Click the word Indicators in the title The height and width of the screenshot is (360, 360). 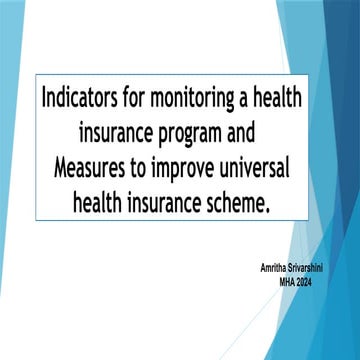click(79, 98)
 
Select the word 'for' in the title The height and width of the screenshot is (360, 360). click(134, 98)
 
